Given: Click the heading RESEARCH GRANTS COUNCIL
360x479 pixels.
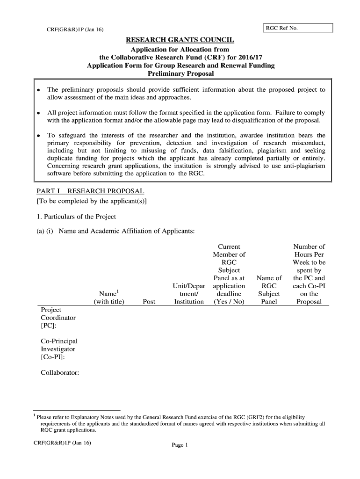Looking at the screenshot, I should coord(180,40).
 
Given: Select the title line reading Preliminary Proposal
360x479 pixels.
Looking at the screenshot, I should coord(180,74).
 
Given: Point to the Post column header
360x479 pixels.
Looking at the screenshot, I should coord(149,302).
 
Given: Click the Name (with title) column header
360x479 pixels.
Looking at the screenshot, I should coord(108,298).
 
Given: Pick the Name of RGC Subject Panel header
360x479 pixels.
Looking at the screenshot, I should coord(269,290).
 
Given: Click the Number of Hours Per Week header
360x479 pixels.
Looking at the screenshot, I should coord(309,274).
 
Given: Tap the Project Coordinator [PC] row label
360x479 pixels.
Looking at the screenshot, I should coord(58,318).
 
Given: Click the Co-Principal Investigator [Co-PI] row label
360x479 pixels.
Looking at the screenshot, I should coord(59,349).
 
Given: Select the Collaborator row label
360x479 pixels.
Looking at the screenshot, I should coord(60,373).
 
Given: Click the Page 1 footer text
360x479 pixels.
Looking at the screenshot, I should coord(180,445).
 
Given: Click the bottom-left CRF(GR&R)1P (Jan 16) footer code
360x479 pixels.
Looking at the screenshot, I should coord(62,443).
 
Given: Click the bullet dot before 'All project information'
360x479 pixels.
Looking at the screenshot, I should coord(39,113).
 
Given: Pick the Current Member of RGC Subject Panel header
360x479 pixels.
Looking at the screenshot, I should coord(229,274).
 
